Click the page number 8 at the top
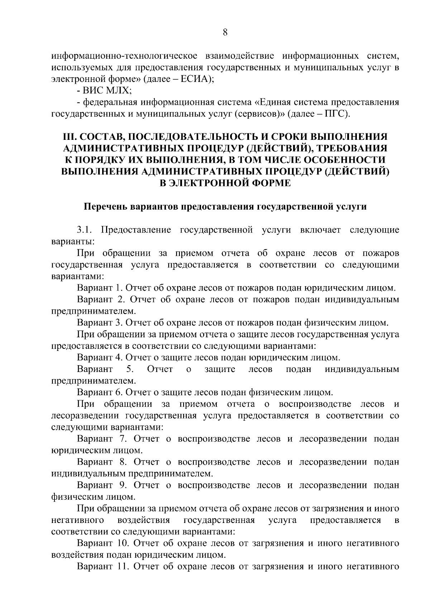tap(225, 33)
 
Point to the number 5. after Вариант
tap(130, 369)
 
